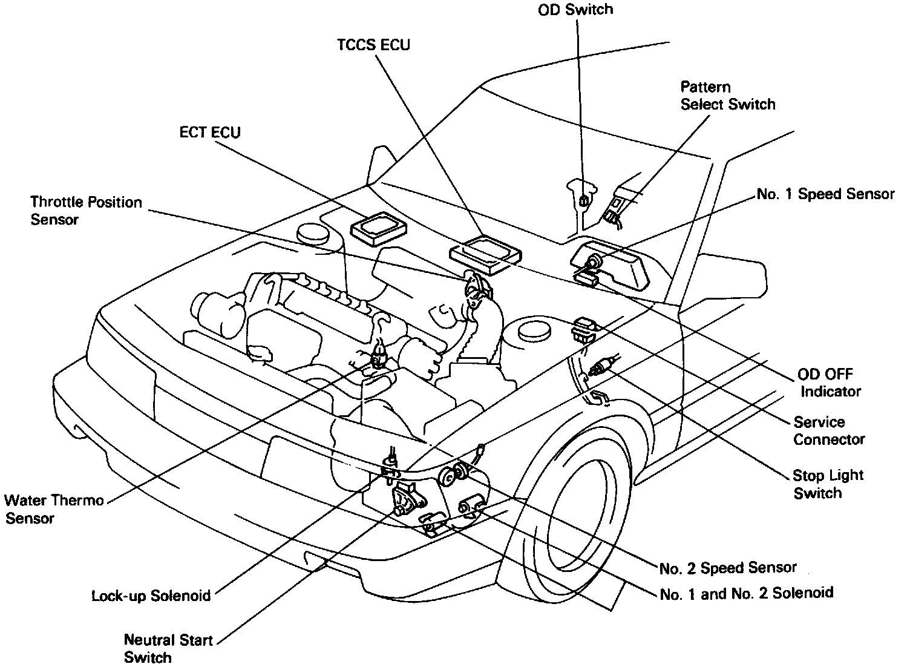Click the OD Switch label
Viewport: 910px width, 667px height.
pyautogui.click(x=575, y=10)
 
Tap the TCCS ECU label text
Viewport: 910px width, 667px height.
pyautogui.click(x=373, y=45)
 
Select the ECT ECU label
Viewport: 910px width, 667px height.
pyautogui.click(x=210, y=133)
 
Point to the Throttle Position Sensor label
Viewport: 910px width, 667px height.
pyautogui.click(x=86, y=210)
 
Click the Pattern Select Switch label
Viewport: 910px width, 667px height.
pyautogui.click(x=727, y=96)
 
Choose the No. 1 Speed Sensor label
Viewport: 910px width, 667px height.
pyautogui.click(x=825, y=194)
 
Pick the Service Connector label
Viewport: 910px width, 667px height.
pyautogui.click(x=828, y=430)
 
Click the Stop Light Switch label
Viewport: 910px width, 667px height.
pyautogui.click(x=828, y=484)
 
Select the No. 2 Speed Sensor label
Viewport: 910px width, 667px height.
pyautogui.click(x=728, y=568)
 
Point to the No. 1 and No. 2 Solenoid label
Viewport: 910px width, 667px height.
pyautogui.click(x=746, y=593)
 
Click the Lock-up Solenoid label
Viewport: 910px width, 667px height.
pyautogui.click(x=151, y=596)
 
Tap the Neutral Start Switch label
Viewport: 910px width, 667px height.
pyautogui.click(x=168, y=648)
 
